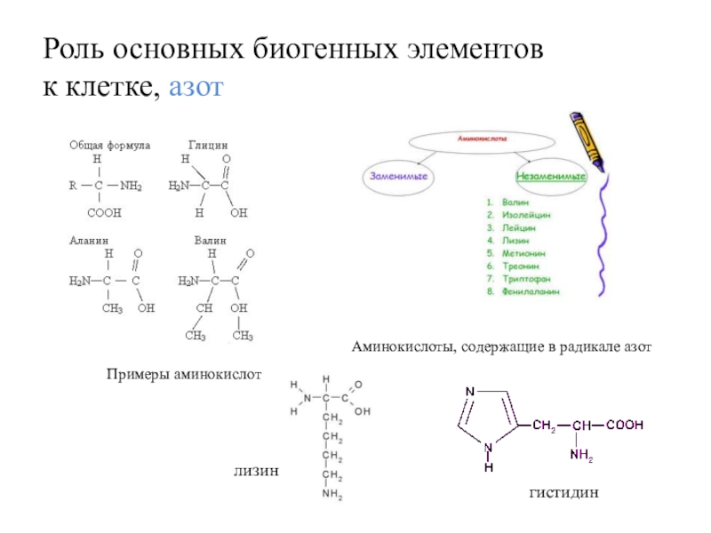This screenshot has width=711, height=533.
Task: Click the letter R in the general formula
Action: [73, 187]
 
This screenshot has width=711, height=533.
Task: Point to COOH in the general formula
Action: [104, 214]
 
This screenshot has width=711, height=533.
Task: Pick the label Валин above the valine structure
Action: [210, 241]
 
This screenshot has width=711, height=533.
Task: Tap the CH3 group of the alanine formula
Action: [112, 308]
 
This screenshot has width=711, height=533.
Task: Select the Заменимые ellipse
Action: [395, 177]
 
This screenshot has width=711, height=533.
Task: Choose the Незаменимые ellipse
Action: [552, 177]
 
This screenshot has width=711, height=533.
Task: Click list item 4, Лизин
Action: [515, 240]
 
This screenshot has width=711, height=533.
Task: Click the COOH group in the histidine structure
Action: [626, 426]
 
